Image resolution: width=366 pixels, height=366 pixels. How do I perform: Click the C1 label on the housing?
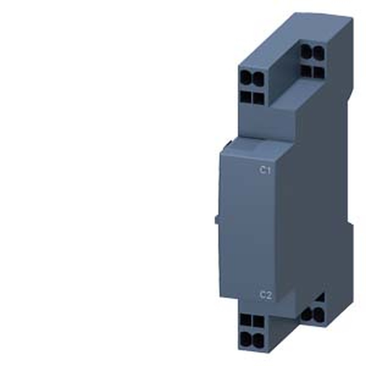click(x=265, y=170)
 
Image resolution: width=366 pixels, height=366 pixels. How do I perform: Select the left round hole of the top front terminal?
click(x=246, y=78)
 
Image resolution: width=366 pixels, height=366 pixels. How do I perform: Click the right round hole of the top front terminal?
click(x=258, y=78)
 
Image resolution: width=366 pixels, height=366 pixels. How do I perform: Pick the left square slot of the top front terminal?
click(x=246, y=97)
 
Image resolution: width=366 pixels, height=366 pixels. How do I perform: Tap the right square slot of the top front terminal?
click(x=258, y=98)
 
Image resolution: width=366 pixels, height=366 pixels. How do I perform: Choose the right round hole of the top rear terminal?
click(x=319, y=54)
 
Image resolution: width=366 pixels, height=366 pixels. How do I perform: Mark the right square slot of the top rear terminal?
click(x=319, y=72)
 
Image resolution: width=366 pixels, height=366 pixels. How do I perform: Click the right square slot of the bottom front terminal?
click(x=258, y=321)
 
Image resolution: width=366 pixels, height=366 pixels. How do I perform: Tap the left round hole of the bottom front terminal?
click(x=246, y=339)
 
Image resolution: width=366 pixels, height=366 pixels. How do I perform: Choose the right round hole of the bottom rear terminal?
click(x=319, y=314)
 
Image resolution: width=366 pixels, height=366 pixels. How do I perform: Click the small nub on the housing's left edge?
click(x=217, y=219)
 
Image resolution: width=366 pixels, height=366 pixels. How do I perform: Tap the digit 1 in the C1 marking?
click(x=268, y=170)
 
